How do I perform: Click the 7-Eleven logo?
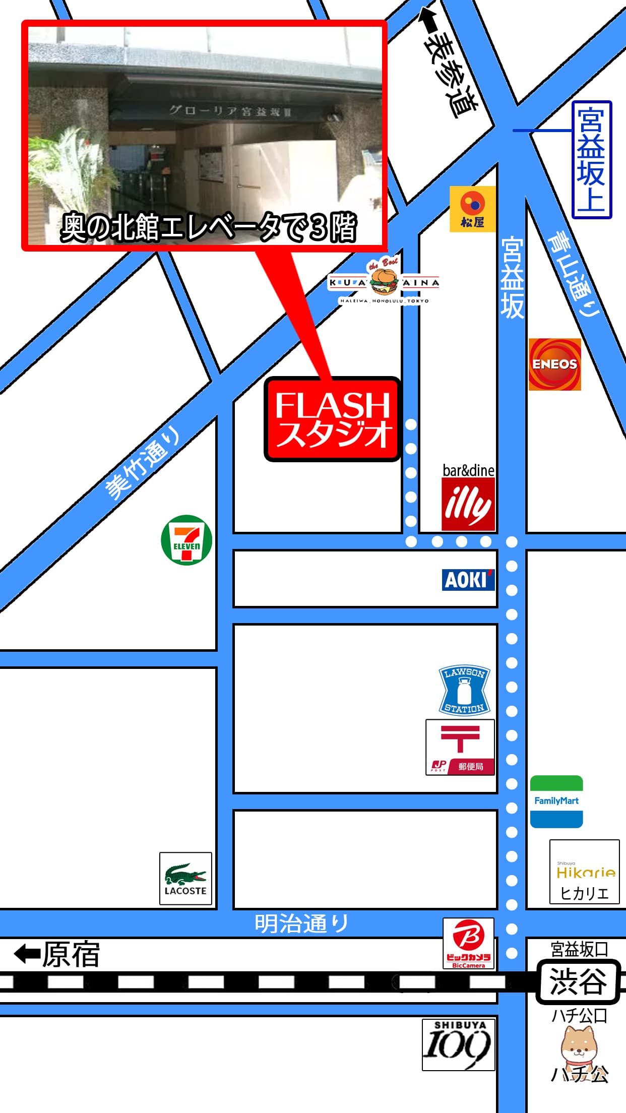point(186,540)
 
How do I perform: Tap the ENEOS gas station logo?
point(554,364)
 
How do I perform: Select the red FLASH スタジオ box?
point(333,419)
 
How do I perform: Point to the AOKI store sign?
point(468,580)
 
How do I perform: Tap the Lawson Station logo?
point(464,691)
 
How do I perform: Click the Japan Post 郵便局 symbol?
point(460,747)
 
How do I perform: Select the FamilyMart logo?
point(556,801)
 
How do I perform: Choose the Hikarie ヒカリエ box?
point(584,872)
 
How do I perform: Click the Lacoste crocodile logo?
point(185,878)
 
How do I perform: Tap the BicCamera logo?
point(468,943)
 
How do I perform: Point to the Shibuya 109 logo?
point(458,1044)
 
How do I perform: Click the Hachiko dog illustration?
point(579,1048)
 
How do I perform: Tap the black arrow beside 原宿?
point(27,954)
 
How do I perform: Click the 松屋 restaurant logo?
point(472,209)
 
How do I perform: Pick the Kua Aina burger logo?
point(384,282)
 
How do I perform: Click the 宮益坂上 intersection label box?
point(592,160)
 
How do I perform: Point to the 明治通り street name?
point(301,923)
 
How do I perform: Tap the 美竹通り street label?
point(143,463)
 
